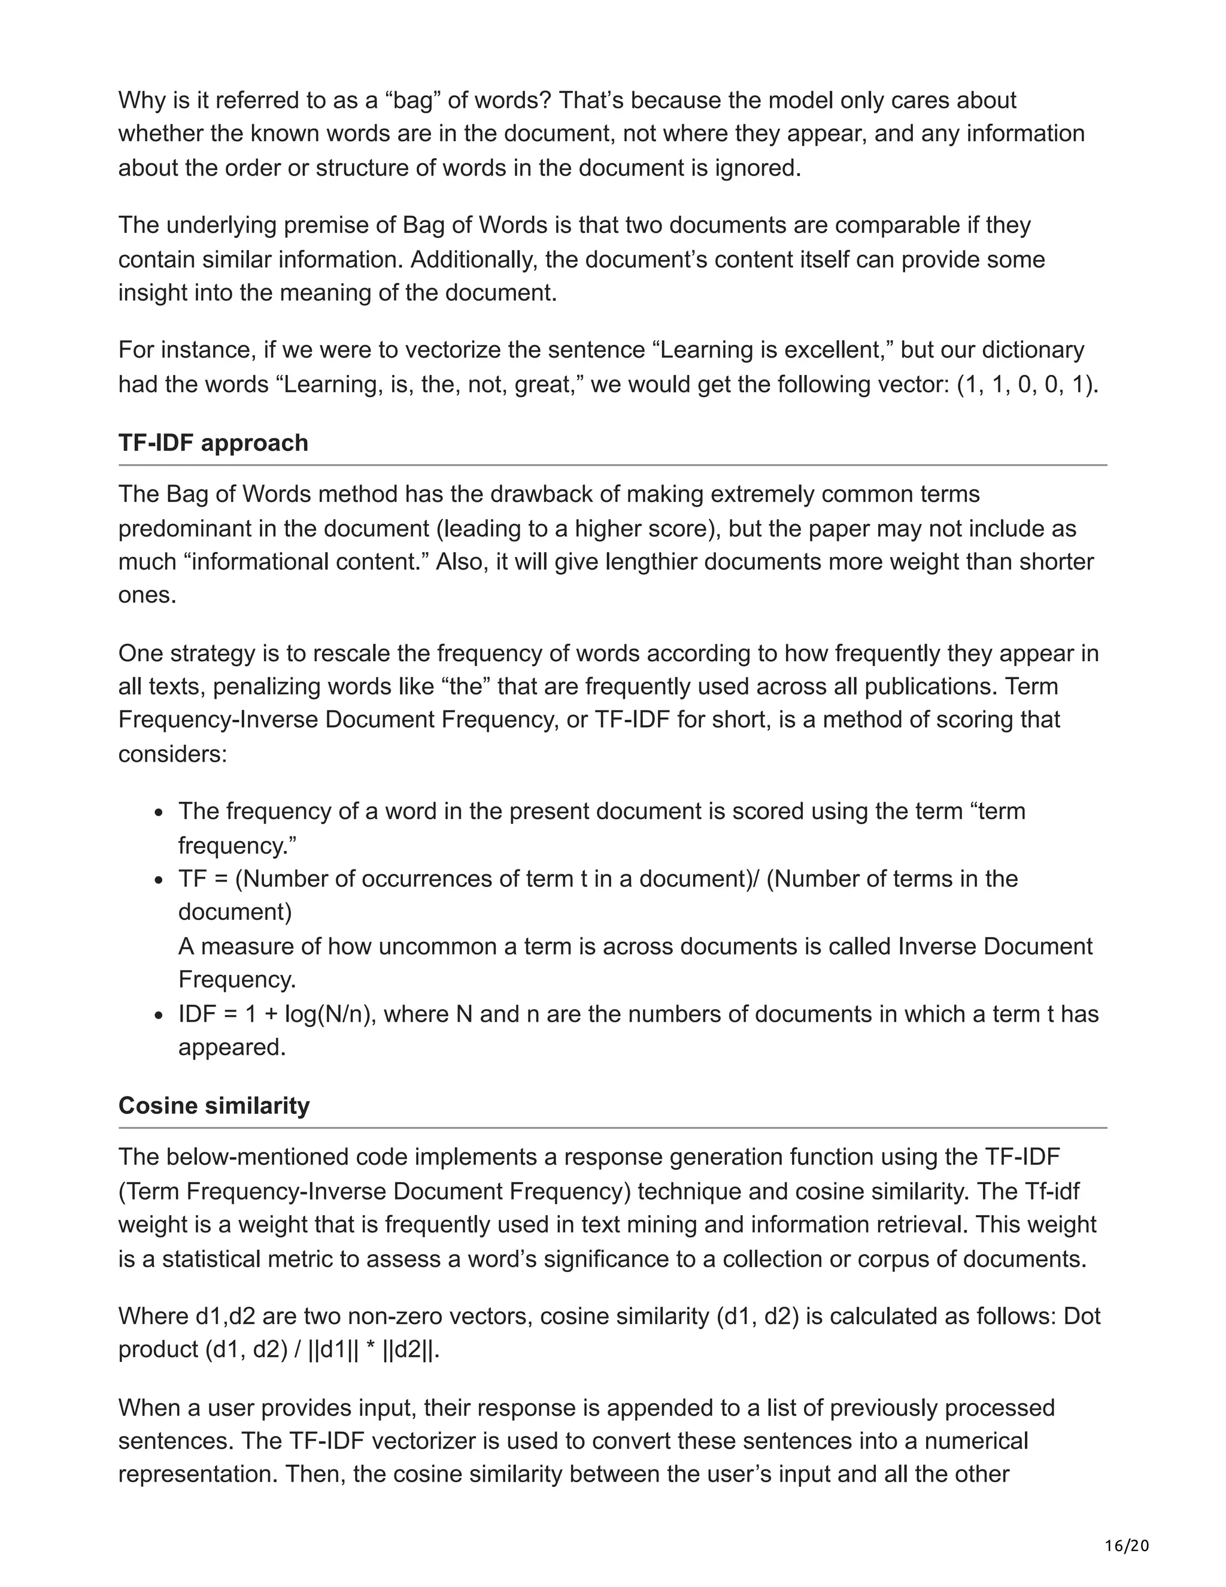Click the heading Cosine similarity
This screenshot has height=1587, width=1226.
(214, 1106)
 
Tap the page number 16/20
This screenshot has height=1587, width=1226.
(1127, 1546)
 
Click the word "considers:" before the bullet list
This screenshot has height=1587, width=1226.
(173, 754)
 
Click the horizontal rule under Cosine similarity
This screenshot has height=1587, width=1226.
(612, 1128)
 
